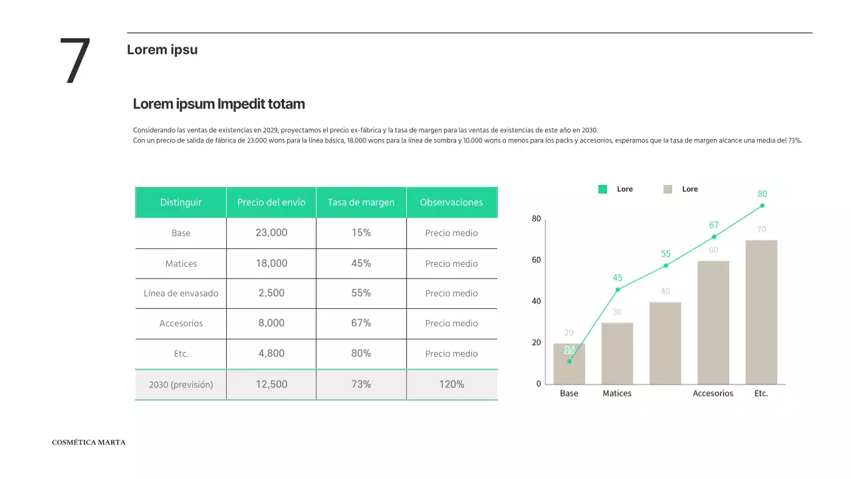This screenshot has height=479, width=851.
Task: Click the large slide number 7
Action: click(x=74, y=61)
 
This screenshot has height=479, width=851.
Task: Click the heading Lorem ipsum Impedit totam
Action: click(x=219, y=104)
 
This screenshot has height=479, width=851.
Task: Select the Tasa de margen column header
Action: click(x=361, y=202)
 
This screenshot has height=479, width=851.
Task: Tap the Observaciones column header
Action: click(x=451, y=202)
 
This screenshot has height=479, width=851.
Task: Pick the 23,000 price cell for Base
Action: click(x=271, y=233)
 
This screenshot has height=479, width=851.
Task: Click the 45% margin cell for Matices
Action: click(x=361, y=263)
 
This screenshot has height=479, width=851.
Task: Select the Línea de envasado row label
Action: click(x=181, y=293)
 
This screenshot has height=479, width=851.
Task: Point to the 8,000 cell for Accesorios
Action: click(x=271, y=323)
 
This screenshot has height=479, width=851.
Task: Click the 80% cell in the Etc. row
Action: click(x=361, y=353)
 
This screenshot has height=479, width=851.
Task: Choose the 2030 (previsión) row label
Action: click(x=181, y=385)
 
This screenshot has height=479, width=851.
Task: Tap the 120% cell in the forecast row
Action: click(x=451, y=385)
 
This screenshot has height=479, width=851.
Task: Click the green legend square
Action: click(x=602, y=190)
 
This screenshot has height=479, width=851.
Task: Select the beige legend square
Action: click(x=668, y=190)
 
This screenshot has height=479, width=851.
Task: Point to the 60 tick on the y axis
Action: click(x=536, y=260)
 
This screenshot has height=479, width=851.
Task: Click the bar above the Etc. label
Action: click(x=761, y=313)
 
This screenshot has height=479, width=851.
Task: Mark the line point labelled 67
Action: click(x=714, y=237)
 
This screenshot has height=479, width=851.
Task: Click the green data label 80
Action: click(x=762, y=194)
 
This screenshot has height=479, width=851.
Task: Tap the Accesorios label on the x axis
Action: click(x=713, y=393)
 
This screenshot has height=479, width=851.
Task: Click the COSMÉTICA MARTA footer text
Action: click(x=88, y=442)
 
